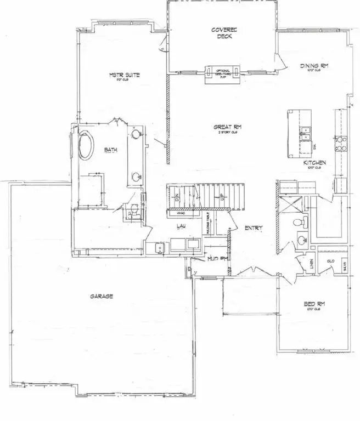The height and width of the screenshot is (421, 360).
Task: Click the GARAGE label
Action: click(x=102, y=297)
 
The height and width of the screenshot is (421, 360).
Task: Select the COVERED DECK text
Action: click(x=223, y=33)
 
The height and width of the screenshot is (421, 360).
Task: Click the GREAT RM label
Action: click(x=227, y=128)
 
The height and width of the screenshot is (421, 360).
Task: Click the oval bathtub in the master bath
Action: click(x=86, y=145)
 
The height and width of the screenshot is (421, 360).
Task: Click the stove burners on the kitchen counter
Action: click(x=340, y=143)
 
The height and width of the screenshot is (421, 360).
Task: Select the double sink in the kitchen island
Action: click(x=305, y=134)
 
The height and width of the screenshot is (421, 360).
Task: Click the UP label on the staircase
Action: click(x=221, y=196)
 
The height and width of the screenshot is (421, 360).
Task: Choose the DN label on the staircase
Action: click(x=177, y=196)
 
